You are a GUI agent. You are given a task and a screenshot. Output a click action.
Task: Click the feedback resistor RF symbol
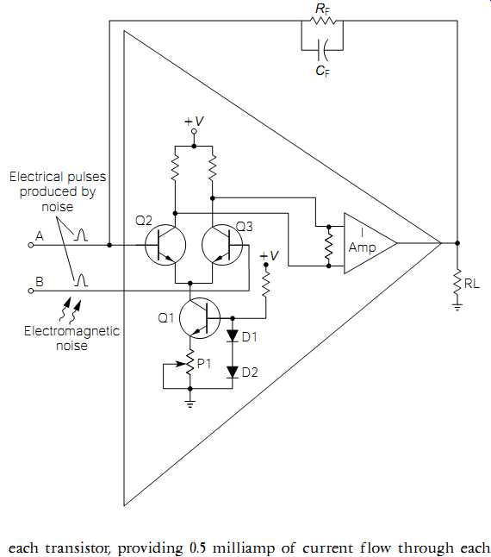point(322,21)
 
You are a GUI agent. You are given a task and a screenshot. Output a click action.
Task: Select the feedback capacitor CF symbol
point(323,50)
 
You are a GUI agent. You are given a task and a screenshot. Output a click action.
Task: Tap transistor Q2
point(165,245)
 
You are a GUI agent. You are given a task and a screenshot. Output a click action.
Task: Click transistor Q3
point(222,245)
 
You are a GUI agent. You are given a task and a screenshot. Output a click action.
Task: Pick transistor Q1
point(200,318)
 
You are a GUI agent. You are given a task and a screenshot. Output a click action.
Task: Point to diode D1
point(233,335)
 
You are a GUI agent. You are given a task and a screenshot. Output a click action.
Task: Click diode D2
point(233,372)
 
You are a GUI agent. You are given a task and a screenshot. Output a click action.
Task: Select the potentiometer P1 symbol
point(190,363)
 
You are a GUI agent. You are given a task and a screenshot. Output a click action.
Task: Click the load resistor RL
point(457,282)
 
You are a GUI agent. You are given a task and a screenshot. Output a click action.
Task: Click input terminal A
point(31,245)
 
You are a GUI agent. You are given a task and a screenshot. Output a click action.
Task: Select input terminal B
point(31,291)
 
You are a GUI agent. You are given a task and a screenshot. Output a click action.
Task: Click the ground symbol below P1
point(190,404)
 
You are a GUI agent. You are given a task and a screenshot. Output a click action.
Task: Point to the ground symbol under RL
point(457,307)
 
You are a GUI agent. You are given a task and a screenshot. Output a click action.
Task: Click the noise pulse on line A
point(80,235)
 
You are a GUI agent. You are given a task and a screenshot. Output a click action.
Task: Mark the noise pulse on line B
point(80,280)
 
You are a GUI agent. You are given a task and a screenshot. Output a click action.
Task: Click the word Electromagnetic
point(71,331)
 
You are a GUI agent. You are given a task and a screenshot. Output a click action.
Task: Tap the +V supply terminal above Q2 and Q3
point(194,131)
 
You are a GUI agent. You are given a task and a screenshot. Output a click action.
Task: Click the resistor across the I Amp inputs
point(328,247)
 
